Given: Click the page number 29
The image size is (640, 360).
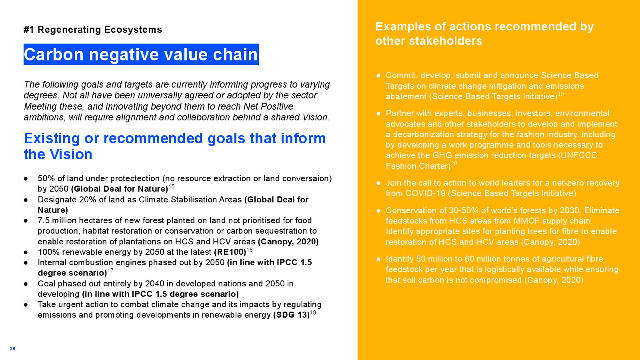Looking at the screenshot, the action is (x=12, y=348).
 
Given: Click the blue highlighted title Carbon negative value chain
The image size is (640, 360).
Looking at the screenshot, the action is (x=141, y=54).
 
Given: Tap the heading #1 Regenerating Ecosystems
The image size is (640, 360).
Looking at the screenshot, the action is (x=93, y=30).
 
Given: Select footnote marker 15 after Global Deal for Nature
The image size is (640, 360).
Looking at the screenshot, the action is (x=172, y=186).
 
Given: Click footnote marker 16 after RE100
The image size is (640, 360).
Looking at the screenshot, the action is (x=250, y=250).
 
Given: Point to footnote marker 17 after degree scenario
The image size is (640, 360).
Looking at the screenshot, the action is (x=110, y=270).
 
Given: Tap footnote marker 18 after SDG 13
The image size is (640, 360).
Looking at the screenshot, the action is (x=313, y=312).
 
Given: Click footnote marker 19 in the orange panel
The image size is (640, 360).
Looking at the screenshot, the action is (x=561, y=94).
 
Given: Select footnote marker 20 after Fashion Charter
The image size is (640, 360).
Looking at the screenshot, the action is (x=454, y=164).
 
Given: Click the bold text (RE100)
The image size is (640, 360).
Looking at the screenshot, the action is (x=230, y=252).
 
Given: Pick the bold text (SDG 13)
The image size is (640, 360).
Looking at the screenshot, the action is (x=292, y=315).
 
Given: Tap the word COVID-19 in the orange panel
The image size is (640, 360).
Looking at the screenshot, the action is (x=426, y=194).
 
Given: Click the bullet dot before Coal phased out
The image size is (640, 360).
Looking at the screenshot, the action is (x=26, y=284).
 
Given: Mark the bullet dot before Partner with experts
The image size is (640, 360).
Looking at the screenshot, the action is (x=378, y=114).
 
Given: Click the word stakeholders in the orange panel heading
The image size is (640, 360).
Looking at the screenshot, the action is (x=446, y=41).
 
